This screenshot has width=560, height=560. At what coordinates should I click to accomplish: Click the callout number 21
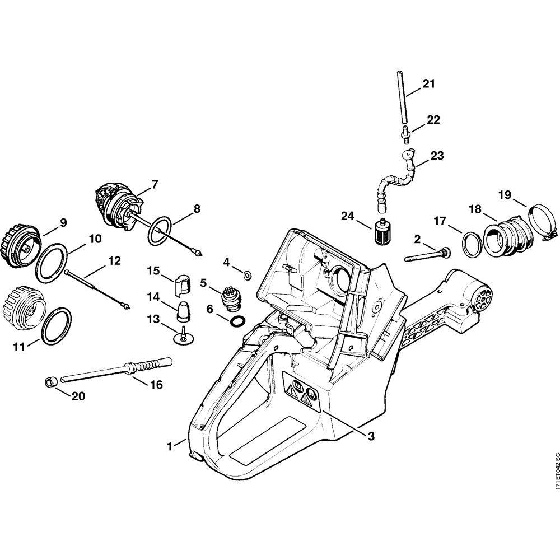coord(428,84)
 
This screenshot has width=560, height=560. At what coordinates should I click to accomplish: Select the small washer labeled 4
coord(246,275)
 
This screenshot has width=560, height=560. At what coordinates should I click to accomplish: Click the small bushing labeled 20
coord(49,382)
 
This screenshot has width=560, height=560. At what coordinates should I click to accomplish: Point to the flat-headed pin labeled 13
coord(183,337)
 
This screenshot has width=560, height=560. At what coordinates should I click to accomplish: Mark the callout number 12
coord(114,260)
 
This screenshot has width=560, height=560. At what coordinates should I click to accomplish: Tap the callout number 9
coord(63,223)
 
